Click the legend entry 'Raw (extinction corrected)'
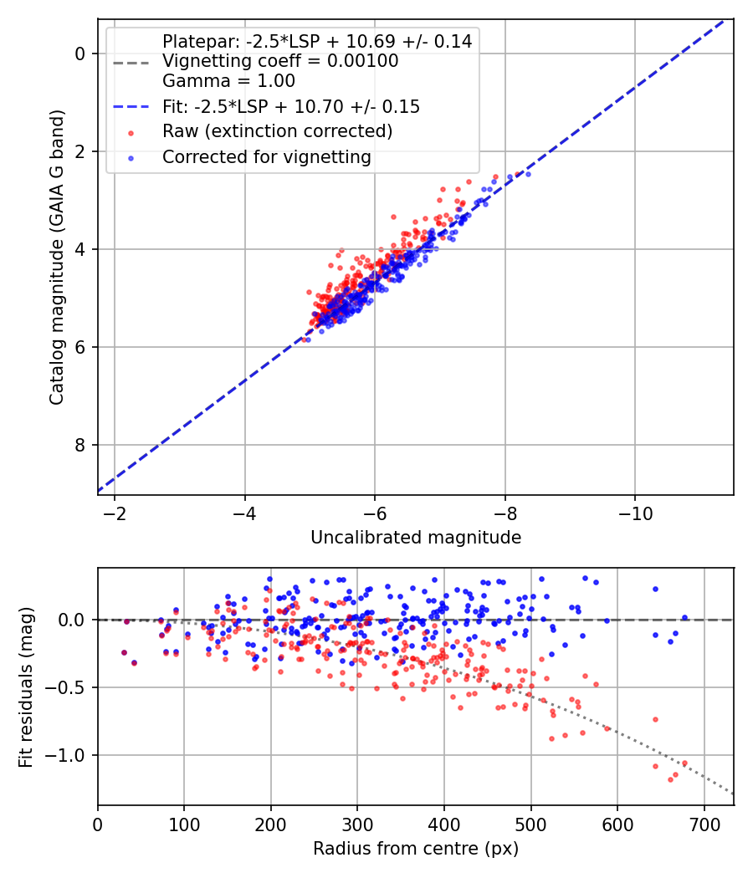(277, 131)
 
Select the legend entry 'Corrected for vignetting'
(267, 156)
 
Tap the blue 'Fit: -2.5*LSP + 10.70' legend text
(291, 106)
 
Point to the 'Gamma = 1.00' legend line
(228, 81)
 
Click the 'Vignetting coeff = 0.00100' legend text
(280, 61)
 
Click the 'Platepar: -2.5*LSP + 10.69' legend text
(317, 41)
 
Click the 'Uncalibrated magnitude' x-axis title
(416, 538)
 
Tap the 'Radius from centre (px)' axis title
(416, 849)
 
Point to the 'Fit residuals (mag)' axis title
(27, 687)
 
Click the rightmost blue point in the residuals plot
(684, 618)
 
